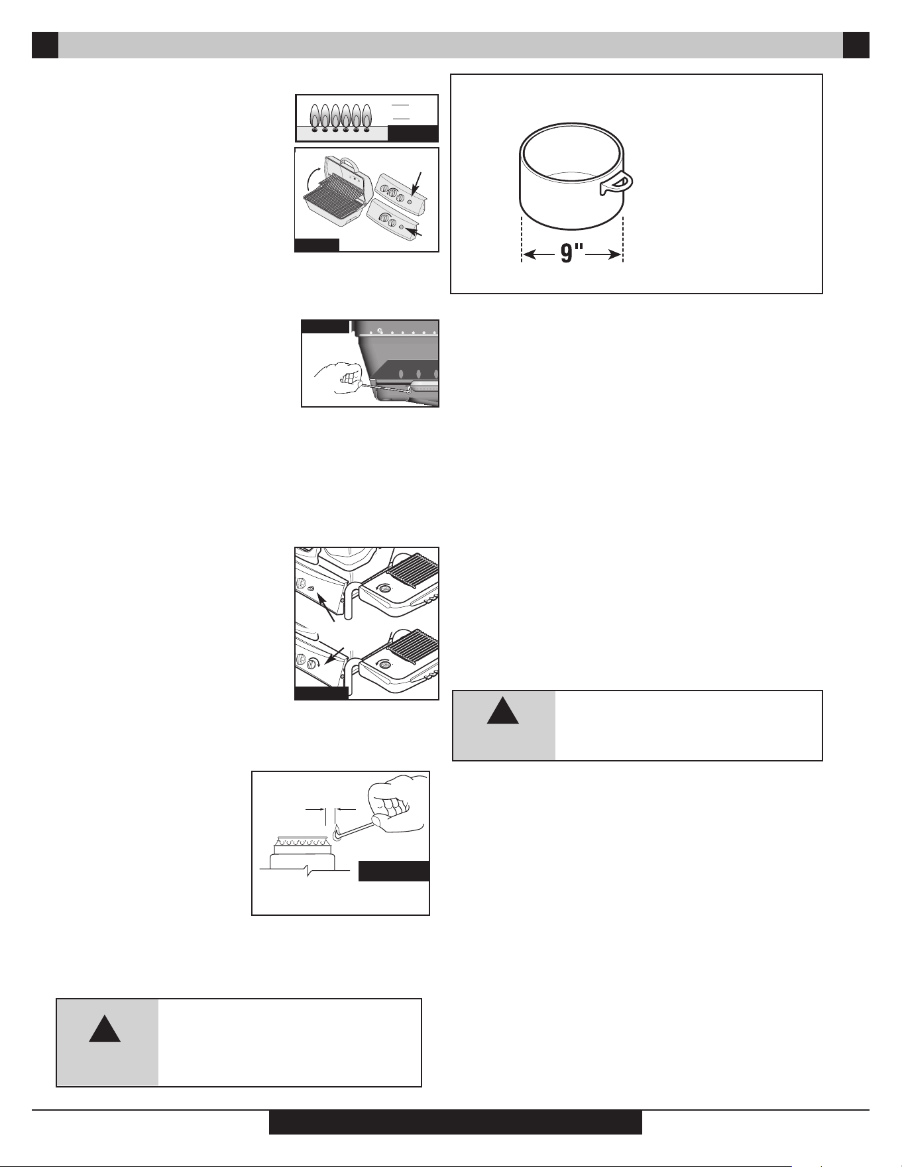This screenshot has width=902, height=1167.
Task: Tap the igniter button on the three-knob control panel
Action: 410,200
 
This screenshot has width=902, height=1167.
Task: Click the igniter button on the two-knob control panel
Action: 402,227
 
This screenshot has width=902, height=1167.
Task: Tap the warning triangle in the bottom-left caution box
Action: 105,1027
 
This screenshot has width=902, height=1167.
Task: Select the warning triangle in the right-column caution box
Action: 503,710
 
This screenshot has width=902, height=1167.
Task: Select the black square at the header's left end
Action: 45,45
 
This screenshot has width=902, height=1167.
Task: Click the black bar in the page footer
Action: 455,1123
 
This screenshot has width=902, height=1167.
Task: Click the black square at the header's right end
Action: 856,45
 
